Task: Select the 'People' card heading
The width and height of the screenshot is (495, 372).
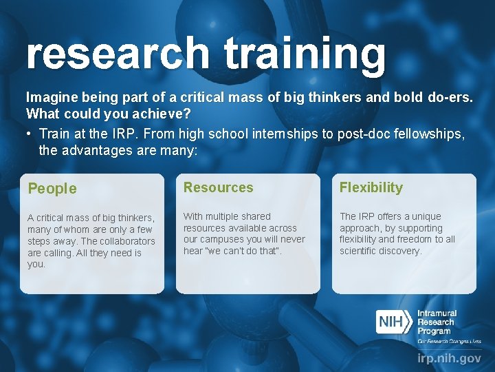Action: [52, 188]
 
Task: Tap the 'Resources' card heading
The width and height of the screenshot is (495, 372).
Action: [218, 187]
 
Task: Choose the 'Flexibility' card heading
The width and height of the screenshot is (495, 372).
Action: [371, 187]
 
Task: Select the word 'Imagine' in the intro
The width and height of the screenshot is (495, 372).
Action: [49, 98]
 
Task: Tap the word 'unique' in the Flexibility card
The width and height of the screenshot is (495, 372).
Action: [426, 216]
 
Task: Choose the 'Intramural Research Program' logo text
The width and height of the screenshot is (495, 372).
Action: [437, 322]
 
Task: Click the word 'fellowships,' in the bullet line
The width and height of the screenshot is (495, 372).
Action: [437, 133]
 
